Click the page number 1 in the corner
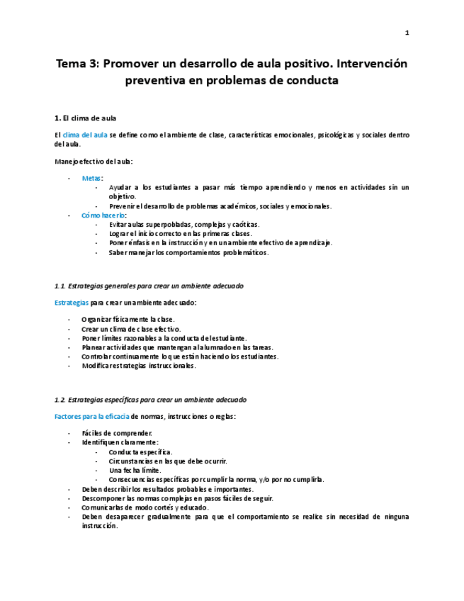pyautogui.click(x=407, y=33)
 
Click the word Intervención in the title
pyautogui.click(x=373, y=64)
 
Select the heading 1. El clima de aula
pyautogui.click(x=86, y=117)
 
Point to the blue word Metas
pyautogui.click(x=91, y=178)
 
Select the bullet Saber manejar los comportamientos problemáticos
pyautogui.click(x=188, y=252)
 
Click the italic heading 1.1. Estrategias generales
pyautogui.click(x=149, y=286)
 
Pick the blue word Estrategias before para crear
pyautogui.click(x=72, y=303)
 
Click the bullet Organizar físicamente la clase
pyautogui.click(x=128, y=320)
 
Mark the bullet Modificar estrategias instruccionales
pyautogui.click(x=138, y=366)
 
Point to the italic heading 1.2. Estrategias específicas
pyautogui.click(x=150, y=400)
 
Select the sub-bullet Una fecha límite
pyautogui.click(x=135, y=470)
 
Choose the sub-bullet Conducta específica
pyautogui.click(x=140, y=451)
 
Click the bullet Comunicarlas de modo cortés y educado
pyautogui.click(x=145, y=507)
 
